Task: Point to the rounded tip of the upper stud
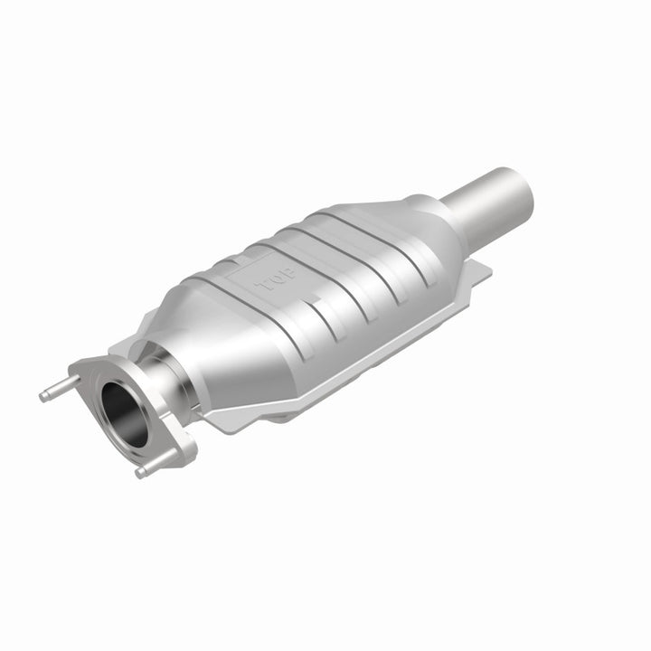(42, 394)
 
